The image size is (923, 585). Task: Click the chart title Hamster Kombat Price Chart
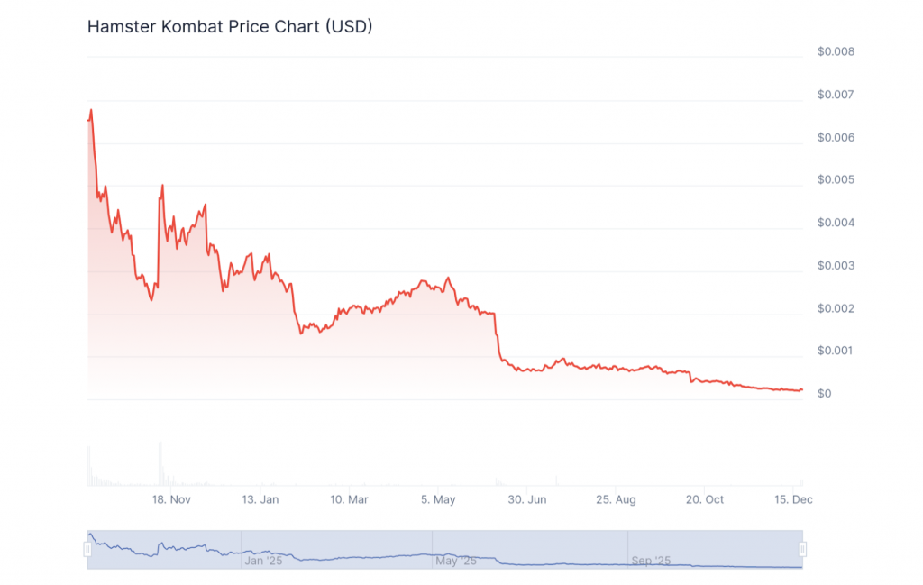230,27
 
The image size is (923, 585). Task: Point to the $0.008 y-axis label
836,51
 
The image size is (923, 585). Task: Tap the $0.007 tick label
836,95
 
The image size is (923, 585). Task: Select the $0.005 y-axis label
836,179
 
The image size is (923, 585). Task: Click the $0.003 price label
836,266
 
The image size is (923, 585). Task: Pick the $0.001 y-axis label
836,351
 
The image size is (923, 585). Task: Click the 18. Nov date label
171,498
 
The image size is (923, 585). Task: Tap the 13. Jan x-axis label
260,498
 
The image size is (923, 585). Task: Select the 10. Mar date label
349,498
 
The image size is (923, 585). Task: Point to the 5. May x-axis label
438,498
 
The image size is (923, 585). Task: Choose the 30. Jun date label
527,498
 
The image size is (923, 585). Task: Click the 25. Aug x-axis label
616,498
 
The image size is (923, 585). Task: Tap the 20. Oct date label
705,498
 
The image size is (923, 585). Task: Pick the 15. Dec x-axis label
793,498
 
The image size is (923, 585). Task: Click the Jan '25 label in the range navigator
265,561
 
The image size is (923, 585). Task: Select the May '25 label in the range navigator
455,561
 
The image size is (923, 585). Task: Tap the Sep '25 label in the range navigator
651,561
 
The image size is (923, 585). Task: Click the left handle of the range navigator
87,549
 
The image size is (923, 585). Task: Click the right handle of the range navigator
802,549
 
